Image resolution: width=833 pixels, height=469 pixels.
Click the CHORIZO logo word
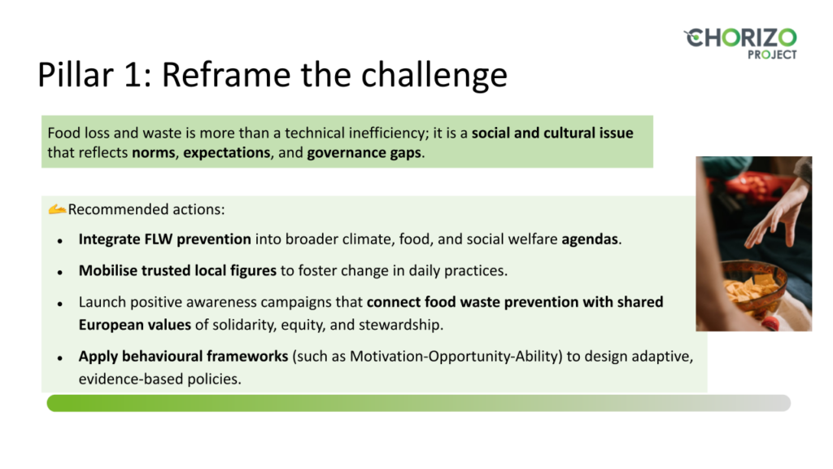point(740,38)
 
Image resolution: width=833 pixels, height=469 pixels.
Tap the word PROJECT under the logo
point(772,55)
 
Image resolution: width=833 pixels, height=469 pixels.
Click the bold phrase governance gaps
point(364,153)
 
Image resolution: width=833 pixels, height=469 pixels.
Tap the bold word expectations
point(227,153)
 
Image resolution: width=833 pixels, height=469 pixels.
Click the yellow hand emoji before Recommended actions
point(57,209)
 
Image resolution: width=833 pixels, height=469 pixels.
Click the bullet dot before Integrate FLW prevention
point(60,241)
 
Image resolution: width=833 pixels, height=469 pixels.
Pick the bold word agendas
point(590,240)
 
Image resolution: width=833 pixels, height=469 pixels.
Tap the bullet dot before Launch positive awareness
point(60,304)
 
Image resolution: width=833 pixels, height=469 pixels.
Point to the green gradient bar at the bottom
point(419,403)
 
